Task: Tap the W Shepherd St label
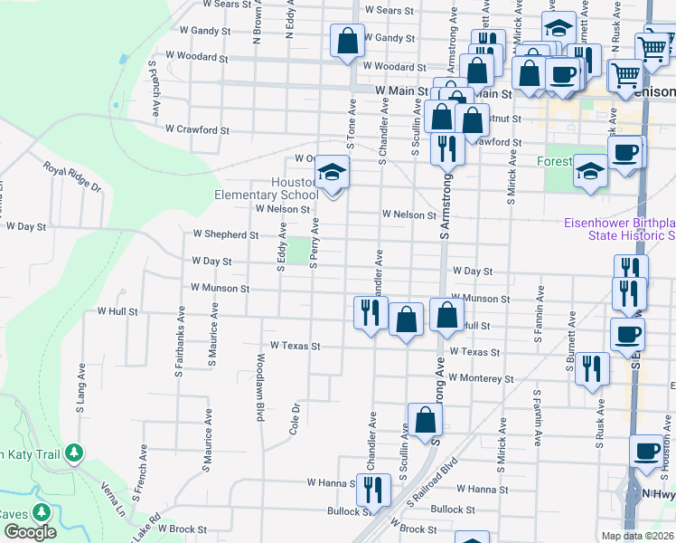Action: point(220,234)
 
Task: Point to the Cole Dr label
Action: point(294,419)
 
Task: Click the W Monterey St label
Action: point(480,378)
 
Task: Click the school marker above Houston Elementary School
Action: point(333,172)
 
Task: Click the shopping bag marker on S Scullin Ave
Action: point(425,420)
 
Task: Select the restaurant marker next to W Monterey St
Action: point(592,368)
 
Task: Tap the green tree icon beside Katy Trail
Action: point(75,452)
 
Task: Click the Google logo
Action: point(30,531)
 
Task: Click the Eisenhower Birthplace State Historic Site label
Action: point(620,229)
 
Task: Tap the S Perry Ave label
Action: point(315,243)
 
